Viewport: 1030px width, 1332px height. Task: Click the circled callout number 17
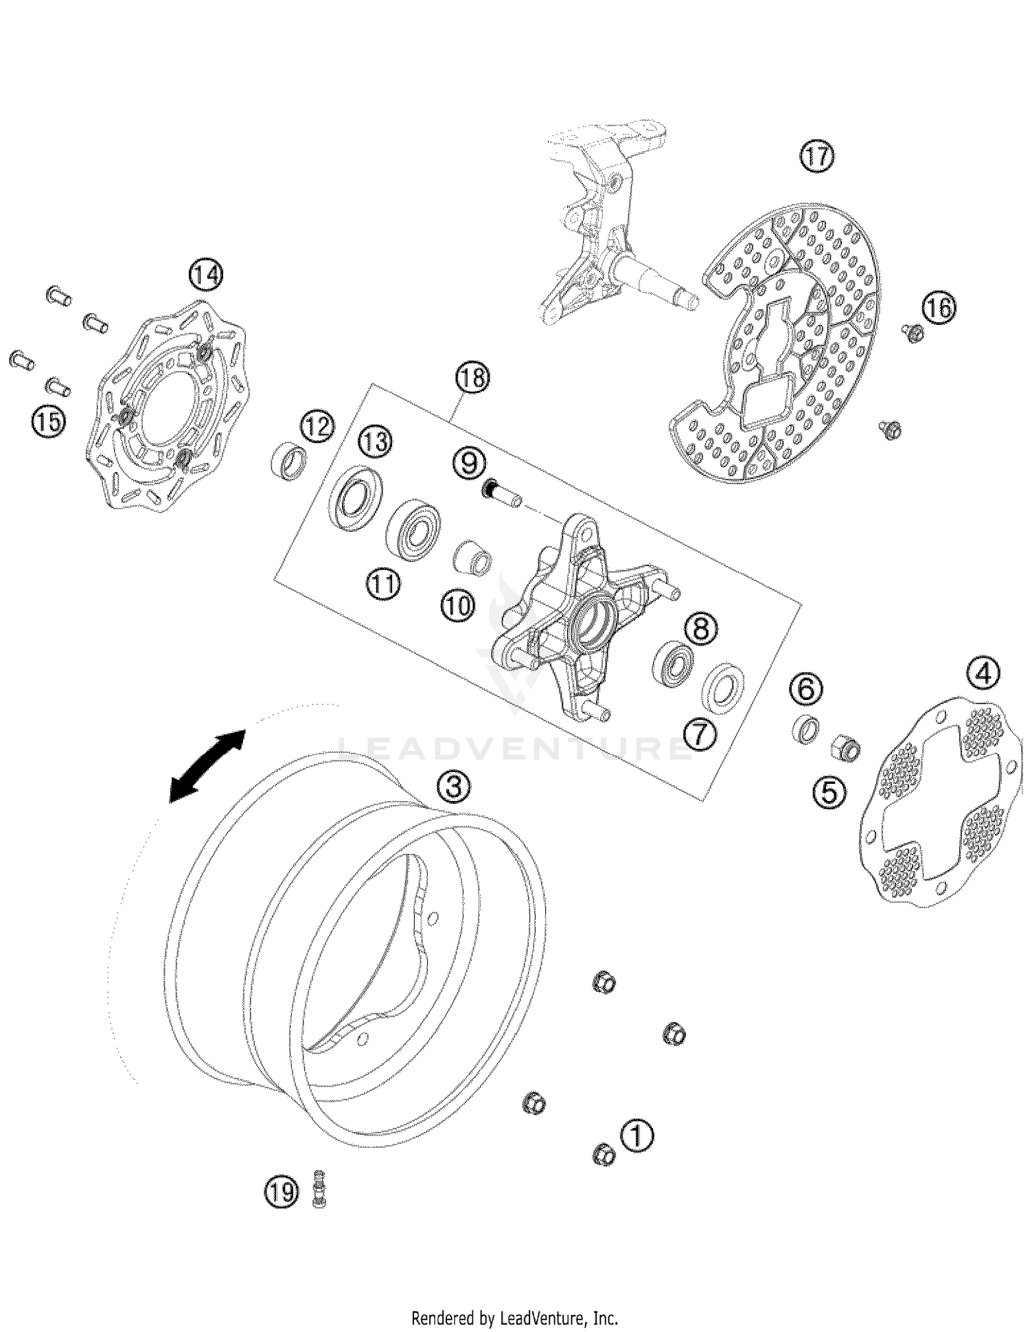click(816, 157)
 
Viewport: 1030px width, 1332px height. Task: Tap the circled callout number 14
click(206, 275)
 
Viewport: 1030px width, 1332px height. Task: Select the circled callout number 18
click(473, 378)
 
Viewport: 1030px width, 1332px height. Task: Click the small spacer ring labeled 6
click(806, 728)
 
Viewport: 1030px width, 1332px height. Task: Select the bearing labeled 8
click(672, 660)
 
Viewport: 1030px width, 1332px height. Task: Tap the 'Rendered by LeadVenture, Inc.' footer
click(514, 1318)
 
